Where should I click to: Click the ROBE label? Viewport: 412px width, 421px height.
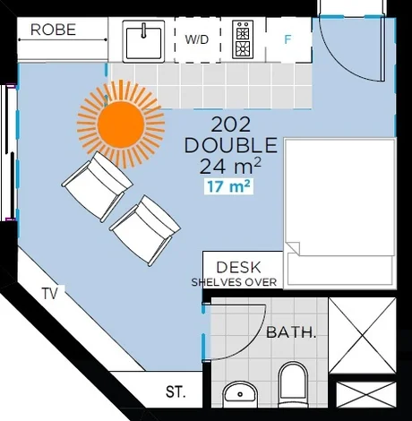click(x=53, y=30)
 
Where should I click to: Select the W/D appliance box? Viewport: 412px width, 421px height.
click(x=197, y=40)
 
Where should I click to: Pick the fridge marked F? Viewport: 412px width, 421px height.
click(x=288, y=40)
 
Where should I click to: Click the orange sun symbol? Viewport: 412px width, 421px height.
click(x=122, y=123)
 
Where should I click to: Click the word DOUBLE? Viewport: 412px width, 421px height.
click(x=230, y=145)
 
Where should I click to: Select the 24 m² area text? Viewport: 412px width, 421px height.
click(x=231, y=165)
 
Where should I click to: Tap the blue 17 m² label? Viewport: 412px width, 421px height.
click(x=228, y=186)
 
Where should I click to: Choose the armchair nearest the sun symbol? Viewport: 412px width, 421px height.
click(x=97, y=185)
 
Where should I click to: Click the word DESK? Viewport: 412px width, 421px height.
click(x=239, y=266)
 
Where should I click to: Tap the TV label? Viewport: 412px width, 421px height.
click(x=51, y=293)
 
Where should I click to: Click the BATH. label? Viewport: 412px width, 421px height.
click(x=291, y=332)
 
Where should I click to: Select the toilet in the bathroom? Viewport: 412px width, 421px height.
click(x=294, y=383)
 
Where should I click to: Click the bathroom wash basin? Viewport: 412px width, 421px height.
click(x=239, y=392)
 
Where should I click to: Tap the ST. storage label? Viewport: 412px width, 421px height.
click(x=176, y=391)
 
